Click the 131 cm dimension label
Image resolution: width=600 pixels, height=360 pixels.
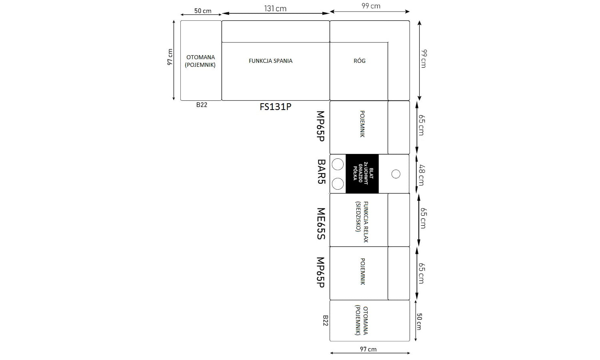[275, 8]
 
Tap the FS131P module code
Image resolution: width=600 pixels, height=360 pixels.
[275, 107]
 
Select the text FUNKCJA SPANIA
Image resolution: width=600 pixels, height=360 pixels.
[270, 61]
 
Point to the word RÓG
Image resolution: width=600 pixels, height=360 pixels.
[360, 61]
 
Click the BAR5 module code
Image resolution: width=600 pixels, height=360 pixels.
[321, 172]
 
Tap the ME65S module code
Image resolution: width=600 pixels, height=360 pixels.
[321, 224]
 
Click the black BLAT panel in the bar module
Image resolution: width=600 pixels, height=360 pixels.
[362, 174]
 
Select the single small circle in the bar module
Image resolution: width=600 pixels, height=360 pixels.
[396, 174]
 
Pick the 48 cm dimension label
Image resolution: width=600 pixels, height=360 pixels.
[421, 175]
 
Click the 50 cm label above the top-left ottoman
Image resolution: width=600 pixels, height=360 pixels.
[203, 11]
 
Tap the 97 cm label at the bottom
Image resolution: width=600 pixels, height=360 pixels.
[368, 349]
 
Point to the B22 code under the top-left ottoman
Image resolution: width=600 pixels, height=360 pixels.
[202, 105]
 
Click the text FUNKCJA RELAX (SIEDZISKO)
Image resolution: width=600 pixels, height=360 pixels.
[362, 222]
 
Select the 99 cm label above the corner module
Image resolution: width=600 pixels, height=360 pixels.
[371, 6]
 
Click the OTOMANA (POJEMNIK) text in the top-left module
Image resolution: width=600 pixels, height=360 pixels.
[200, 61]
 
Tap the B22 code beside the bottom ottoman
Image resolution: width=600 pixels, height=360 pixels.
[326, 321]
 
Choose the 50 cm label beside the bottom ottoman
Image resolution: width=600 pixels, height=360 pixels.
[419, 322]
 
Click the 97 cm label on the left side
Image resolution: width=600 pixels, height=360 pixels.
[170, 57]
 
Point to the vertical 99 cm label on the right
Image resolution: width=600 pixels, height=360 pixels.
[424, 59]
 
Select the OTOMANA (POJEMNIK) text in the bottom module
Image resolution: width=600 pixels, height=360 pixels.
[361, 321]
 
